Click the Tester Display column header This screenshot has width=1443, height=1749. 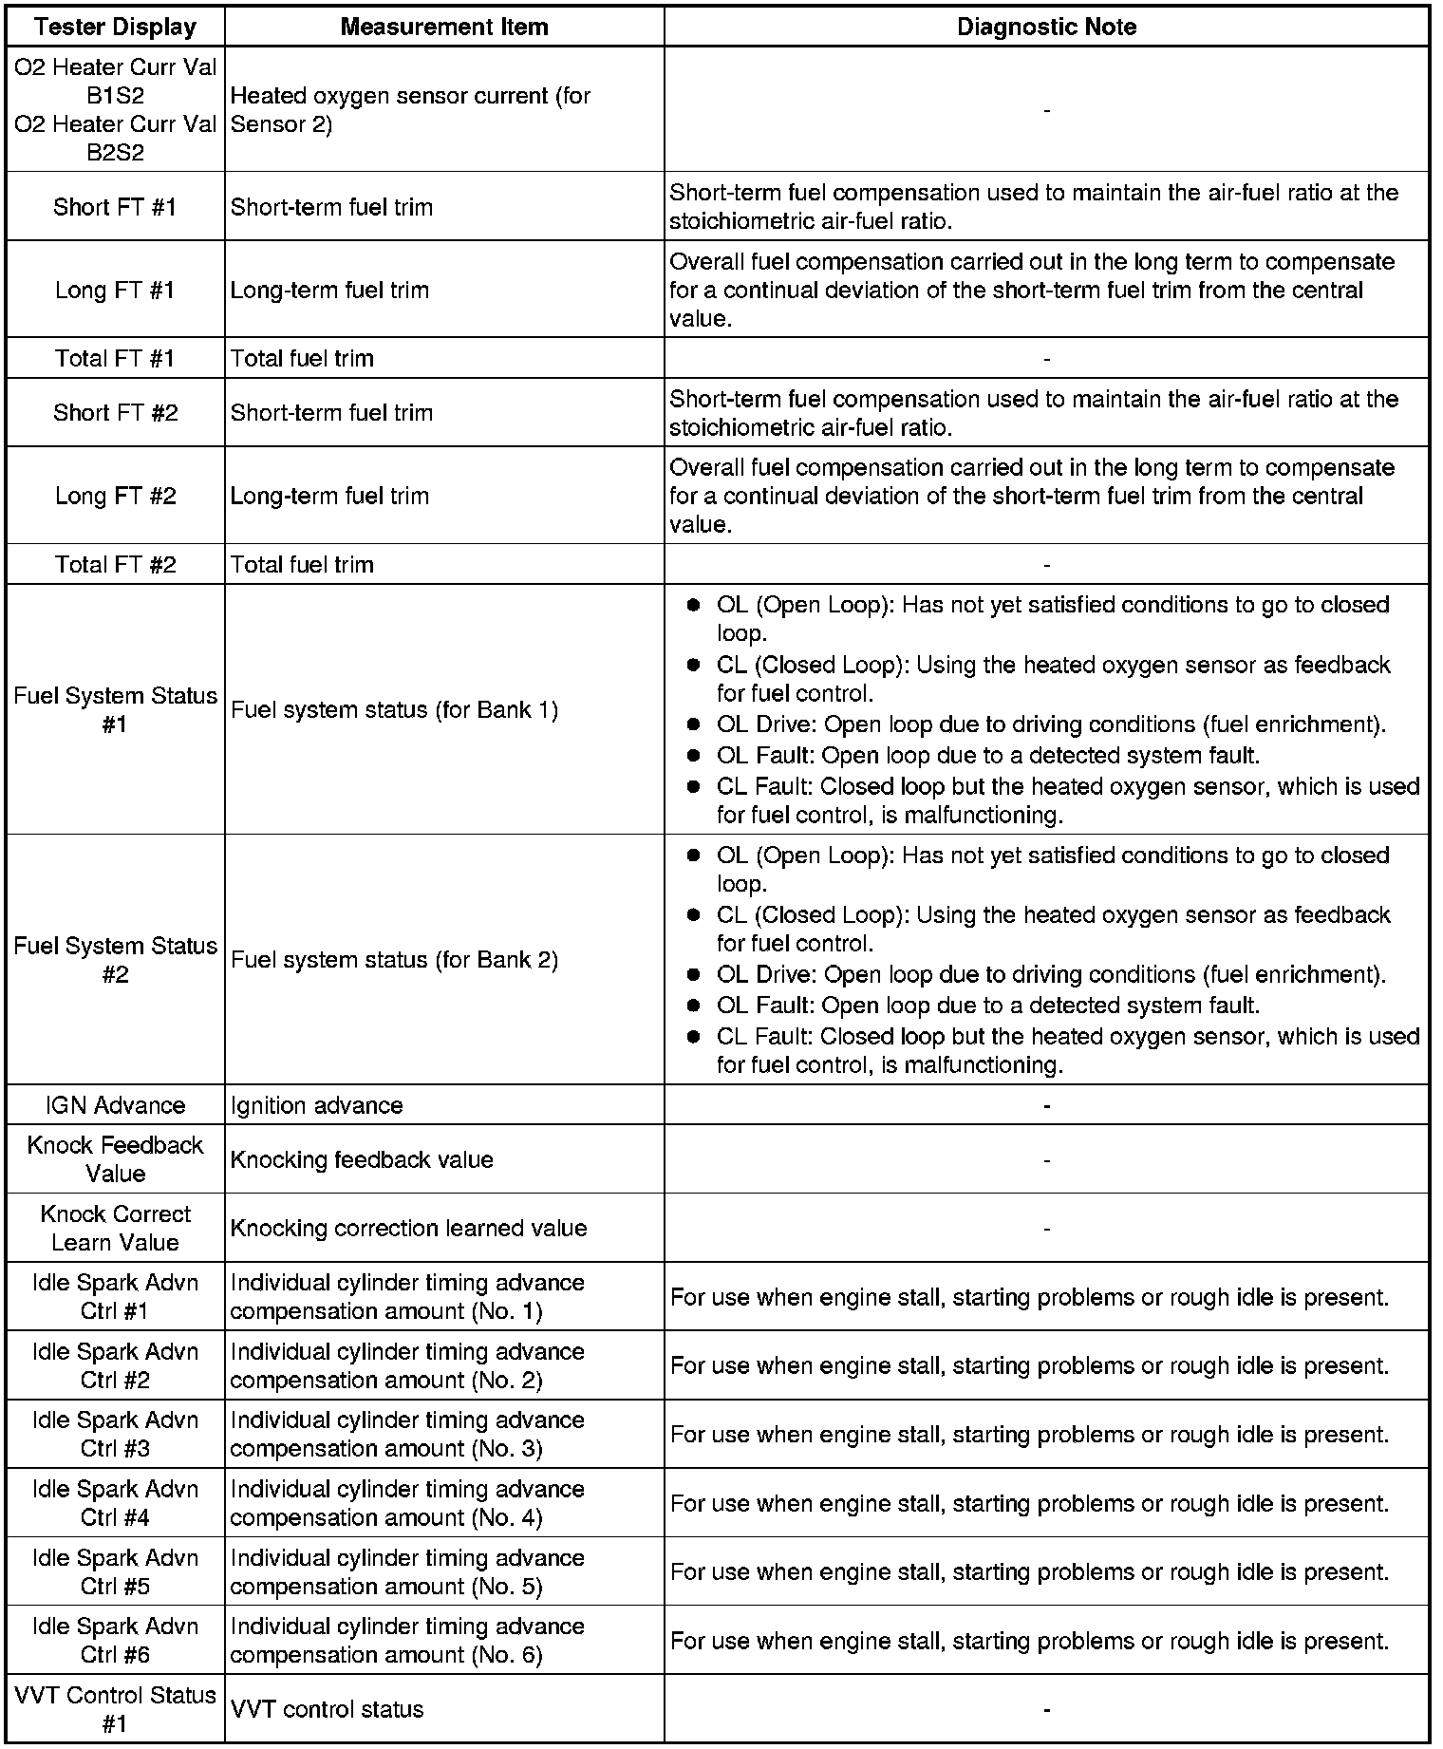(x=115, y=27)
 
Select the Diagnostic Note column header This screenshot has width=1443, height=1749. (x=1046, y=27)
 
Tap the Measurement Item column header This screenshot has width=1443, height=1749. (x=444, y=27)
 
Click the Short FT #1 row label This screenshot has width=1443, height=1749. (x=115, y=207)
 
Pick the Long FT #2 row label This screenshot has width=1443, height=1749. (x=115, y=496)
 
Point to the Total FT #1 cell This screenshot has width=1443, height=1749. (x=115, y=358)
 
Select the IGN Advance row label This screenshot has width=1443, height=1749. (x=115, y=1105)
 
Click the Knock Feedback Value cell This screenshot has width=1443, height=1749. (x=115, y=1159)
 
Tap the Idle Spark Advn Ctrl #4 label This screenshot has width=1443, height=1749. (x=115, y=1503)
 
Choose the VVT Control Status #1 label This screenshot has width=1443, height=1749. (x=115, y=1709)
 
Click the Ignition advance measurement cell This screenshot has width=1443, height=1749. (x=317, y=1105)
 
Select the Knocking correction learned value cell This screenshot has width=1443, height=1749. (x=408, y=1228)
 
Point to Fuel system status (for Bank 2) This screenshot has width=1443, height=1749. (x=394, y=960)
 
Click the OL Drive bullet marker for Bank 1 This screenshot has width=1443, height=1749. (x=694, y=724)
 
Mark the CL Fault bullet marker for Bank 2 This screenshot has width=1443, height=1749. (x=694, y=1037)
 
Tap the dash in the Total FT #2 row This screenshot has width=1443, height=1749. (x=1046, y=565)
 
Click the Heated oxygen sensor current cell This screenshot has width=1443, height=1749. (x=410, y=110)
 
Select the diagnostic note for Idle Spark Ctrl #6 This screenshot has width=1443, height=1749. (x=1029, y=1641)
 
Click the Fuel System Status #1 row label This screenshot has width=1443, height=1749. (x=115, y=710)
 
